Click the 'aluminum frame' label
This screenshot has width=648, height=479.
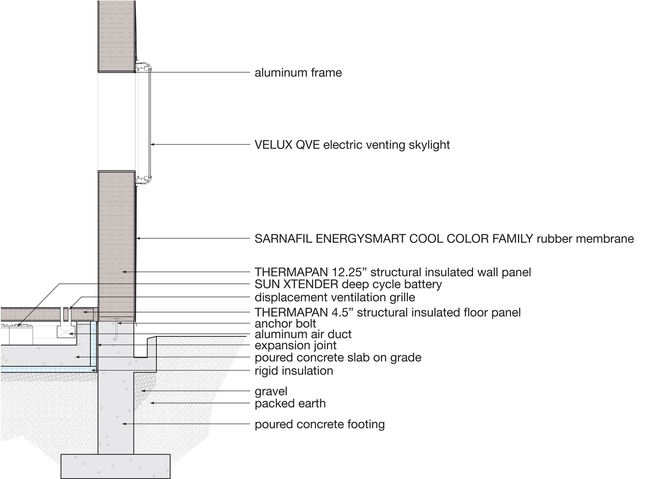tap(298, 73)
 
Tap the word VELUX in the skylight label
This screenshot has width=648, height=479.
tap(274, 145)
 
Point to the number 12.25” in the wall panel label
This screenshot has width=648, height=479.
tap(349, 272)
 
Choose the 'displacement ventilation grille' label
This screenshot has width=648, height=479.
tap(335, 298)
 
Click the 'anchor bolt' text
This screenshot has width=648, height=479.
tap(285, 324)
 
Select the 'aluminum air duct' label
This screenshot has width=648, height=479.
tap(303, 334)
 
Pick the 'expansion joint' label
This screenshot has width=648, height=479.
tap(296, 345)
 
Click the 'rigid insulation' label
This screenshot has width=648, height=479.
tap(294, 371)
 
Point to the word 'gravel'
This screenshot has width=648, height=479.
tap(271, 392)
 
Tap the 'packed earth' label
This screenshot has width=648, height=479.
tap(290, 403)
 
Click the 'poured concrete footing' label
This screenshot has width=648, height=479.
tap(319, 425)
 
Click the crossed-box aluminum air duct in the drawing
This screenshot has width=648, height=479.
tap(66, 332)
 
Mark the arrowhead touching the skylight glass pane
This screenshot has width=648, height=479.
tap(153, 144)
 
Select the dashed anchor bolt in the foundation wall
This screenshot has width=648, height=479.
tap(116, 329)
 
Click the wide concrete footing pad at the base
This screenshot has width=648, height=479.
tap(115, 466)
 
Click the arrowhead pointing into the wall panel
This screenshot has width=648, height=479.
tap(124, 272)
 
